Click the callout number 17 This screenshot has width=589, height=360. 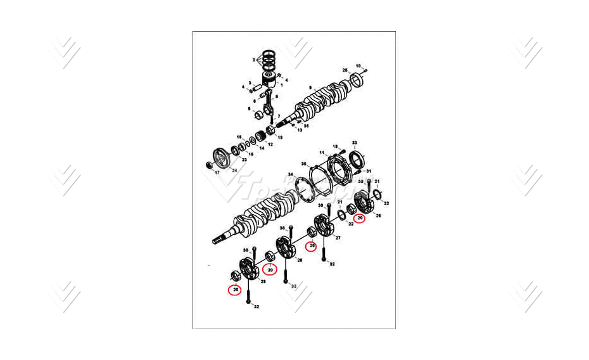point(217,172)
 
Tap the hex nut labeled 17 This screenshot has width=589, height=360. point(209,165)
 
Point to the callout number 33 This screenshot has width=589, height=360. point(355,143)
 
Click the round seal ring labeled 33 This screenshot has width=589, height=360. point(355,159)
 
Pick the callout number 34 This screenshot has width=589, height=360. point(290,174)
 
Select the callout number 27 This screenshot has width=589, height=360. point(338,238)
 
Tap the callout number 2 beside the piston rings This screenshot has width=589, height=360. point(253,60)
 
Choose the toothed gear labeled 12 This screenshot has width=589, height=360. point(262,135)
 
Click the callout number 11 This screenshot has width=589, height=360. point(322,153)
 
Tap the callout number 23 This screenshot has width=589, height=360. point(244,160)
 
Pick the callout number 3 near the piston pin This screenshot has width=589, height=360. point(250,83)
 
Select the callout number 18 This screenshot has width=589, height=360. point(336,146)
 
